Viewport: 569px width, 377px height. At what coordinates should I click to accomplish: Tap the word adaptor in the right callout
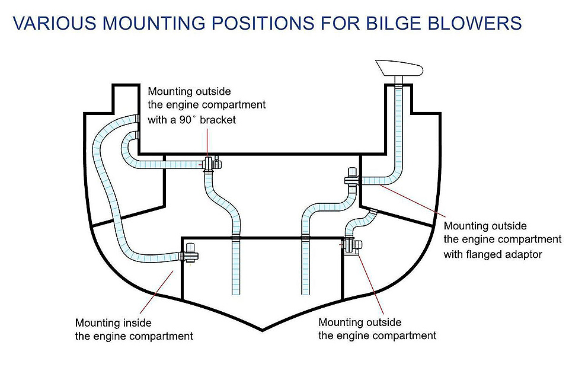524,253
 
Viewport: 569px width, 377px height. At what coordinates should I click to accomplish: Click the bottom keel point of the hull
264,328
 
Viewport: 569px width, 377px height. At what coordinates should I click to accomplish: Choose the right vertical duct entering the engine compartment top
306,261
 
